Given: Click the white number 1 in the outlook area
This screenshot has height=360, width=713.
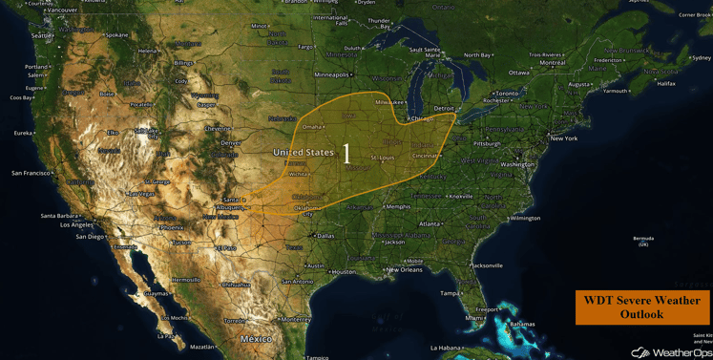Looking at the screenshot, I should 346,154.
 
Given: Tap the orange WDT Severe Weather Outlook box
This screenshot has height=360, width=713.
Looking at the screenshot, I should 642,307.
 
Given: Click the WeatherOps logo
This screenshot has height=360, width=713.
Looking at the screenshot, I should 671,352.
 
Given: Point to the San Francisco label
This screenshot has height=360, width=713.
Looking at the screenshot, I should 31,173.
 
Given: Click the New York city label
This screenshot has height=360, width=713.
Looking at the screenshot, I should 563,138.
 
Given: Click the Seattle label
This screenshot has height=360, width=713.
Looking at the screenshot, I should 42,35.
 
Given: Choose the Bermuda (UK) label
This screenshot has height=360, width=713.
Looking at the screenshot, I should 643,241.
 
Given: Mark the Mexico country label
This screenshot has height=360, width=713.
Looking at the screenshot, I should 256,339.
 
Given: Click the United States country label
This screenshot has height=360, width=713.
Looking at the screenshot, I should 304,152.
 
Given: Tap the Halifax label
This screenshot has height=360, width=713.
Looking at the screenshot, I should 665,83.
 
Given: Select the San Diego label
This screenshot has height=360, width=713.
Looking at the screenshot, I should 90,237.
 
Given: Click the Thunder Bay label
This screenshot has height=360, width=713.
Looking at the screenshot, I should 379,21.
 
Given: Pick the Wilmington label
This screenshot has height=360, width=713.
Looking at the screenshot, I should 524,218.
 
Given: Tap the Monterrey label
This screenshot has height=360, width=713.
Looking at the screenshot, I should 296,319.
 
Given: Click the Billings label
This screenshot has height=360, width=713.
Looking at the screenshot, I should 183,63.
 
